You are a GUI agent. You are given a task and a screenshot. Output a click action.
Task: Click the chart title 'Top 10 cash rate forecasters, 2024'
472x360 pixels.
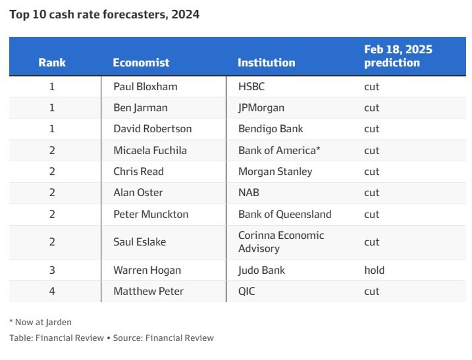pyautogui.click(x=104, y=15)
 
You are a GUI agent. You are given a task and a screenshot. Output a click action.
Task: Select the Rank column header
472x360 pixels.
pyautogui.click(x=52, y=63)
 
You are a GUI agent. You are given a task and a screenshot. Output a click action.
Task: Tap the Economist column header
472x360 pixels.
pyautogui.click(x=141, y=63)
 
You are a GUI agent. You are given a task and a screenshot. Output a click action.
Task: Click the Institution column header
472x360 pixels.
pyautogui.click(x=266, y=63)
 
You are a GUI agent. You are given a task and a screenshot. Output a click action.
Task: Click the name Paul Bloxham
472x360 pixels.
pyautogui.click(x=145, y=87)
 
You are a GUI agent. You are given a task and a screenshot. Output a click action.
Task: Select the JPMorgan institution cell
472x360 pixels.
pyautogui.click(x=261, y=108)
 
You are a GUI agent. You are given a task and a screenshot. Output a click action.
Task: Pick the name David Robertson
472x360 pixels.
pyautogui.click(x=152, y=129)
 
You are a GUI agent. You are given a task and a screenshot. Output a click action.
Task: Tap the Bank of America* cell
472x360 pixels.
pyautogui.click(x=279, y=150)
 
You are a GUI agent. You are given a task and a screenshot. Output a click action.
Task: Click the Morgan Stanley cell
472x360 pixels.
pyautogui.click(x=275, y=172)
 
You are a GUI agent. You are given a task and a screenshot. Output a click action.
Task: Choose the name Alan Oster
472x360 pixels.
pyautogui.click(x=138, y=192)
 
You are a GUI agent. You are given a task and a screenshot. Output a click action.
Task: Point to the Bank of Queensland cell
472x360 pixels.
pyautogui.click(x=285, y=214)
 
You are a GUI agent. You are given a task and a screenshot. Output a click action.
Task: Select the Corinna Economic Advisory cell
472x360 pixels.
pyautogui.click(x=281, y=242)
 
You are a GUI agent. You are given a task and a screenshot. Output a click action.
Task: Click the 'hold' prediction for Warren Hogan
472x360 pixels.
pyautogui.click(x=374, y=270)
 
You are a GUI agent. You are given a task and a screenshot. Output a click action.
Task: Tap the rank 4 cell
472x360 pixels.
pyautogui.click(x=52, y=291)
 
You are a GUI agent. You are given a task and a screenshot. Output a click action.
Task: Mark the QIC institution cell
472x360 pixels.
pyautogui.click(x=246, y=291)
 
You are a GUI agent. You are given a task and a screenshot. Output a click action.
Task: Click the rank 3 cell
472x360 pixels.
pyautogui.click(x=52, y=270)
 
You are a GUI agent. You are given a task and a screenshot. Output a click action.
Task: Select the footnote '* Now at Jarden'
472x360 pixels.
pyautogui.click(x=40, y=322)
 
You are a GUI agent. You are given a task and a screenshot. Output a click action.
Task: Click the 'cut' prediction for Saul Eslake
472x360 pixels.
pyautogui.click(x=372, y=242)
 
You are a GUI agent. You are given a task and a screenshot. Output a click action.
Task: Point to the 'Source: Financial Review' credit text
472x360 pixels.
pyautogui.click(x=163, y=338)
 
